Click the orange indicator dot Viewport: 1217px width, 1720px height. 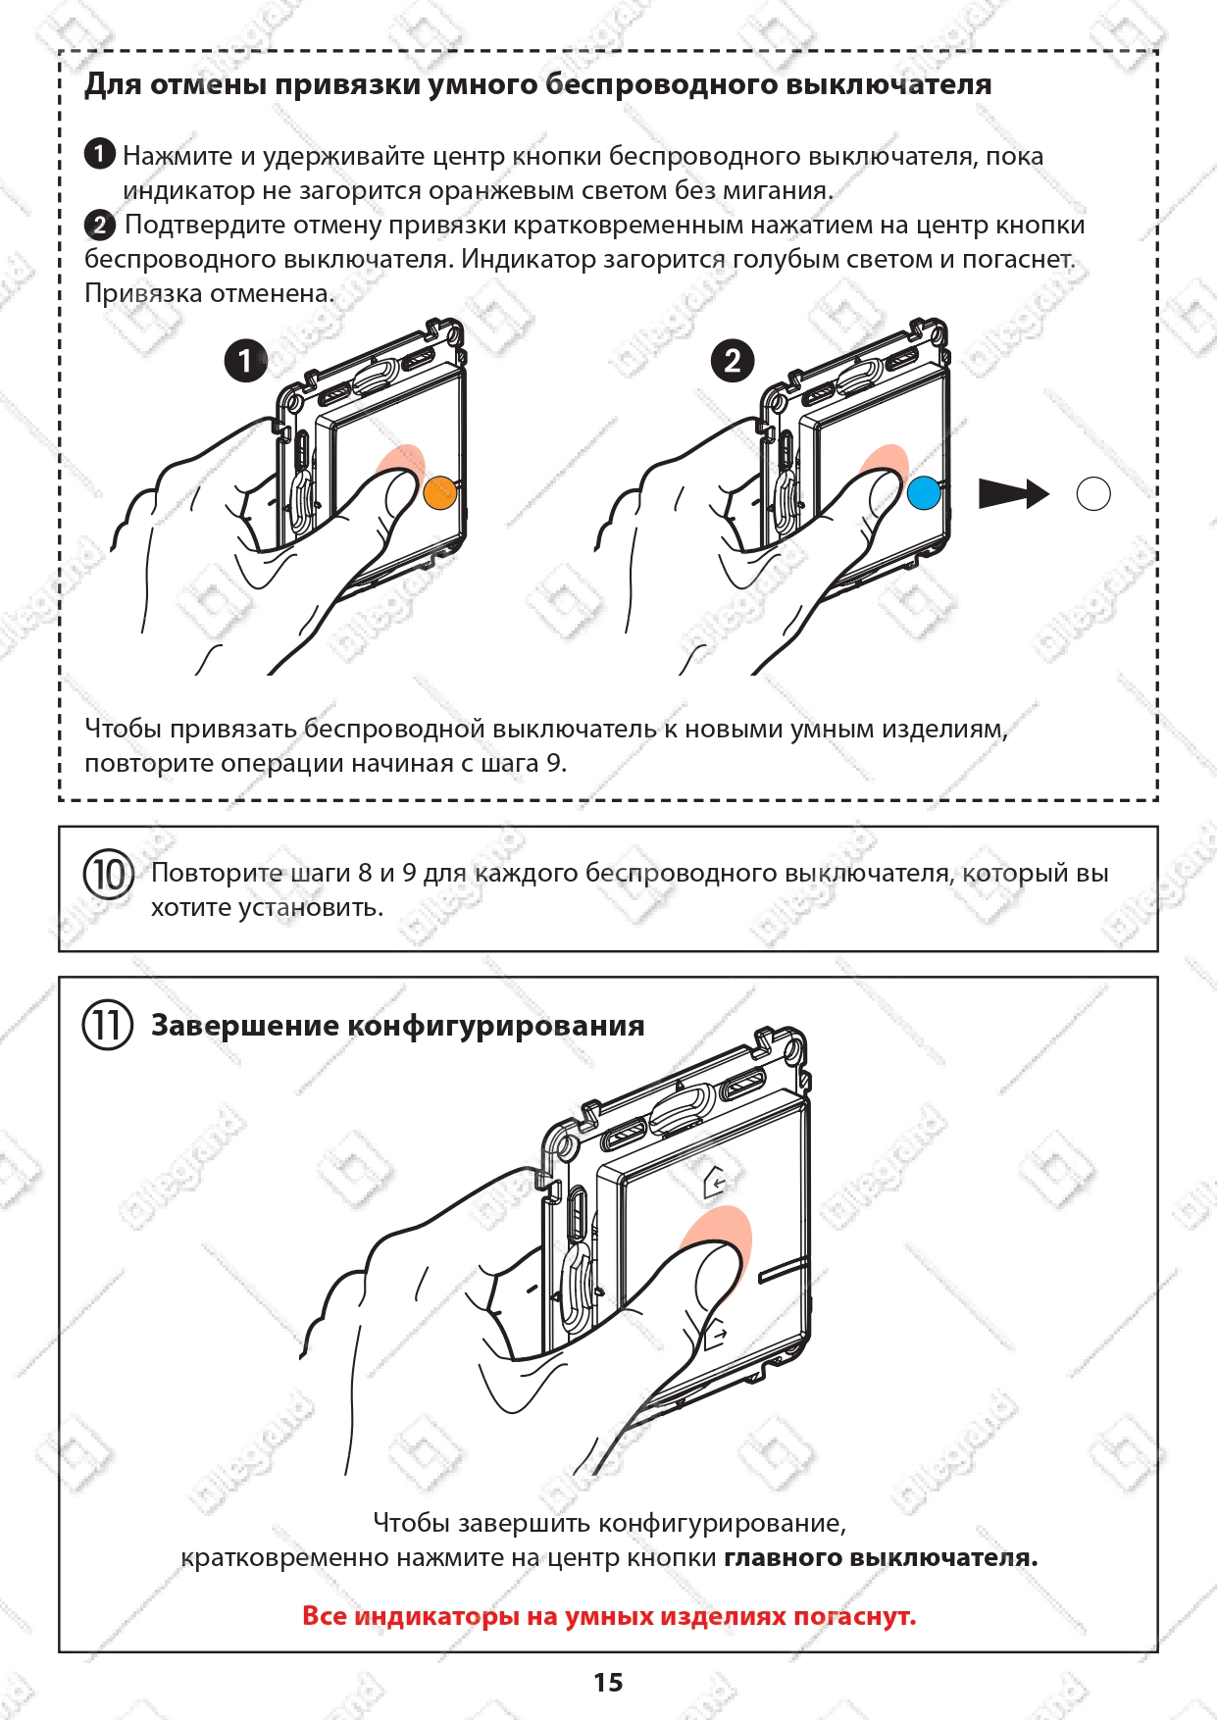click(x=440, y=492)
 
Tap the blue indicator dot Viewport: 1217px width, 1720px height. click(x=924, y=492)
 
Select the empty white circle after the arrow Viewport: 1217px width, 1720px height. click(x=1093, y=494)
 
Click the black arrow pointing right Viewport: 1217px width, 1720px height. click(x=1014, y=494)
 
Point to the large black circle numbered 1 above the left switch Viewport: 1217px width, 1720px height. click(x=245, y=360)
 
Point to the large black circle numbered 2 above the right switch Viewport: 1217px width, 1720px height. click(x=732, y=360)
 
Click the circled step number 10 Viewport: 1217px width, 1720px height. click(x=108, y=874)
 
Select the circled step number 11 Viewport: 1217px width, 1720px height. click(x=108, y=1026)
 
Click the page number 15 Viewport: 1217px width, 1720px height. click(x=608, y=1683)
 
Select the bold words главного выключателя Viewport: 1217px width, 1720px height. click(x=880, y=1557)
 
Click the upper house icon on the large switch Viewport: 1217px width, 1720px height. click(x=717, y=1183)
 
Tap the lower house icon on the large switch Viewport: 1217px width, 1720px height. click(x=717, y=1336)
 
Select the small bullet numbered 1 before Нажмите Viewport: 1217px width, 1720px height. click(x=99, y=154)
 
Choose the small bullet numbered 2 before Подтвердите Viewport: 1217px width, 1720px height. click(x=99, y=225)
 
